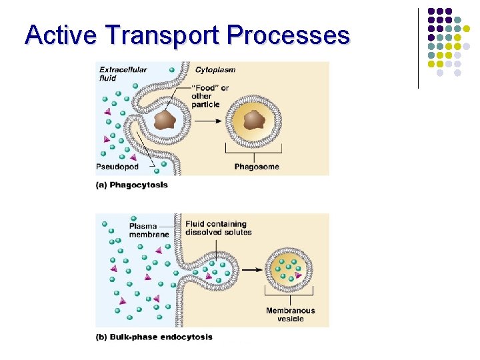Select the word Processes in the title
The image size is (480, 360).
289,34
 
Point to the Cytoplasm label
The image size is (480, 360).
215,69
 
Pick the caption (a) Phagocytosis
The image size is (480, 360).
132,185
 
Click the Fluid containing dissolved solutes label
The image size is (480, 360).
219,228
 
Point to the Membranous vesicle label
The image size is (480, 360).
290,315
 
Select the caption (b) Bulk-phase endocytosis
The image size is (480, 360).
154,337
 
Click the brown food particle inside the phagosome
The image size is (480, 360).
254,121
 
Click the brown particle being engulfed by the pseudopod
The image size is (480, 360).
164,120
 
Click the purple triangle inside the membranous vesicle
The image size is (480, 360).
299,275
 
